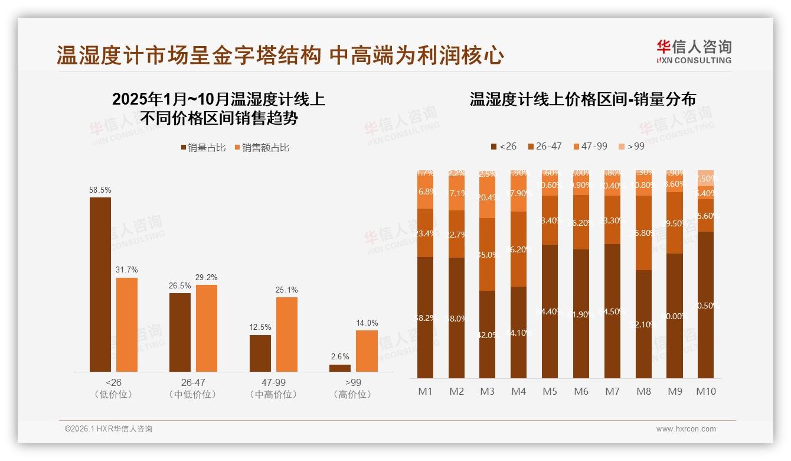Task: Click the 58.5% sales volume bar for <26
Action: (x=100, y=284)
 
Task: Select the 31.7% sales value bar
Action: (x=127, y=324)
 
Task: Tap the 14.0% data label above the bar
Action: (x=367, y=323)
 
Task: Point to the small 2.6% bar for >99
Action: (x=340, y=368)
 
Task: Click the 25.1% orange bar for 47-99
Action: (x=287, y=334)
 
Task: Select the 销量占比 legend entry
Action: (x=202, y=148)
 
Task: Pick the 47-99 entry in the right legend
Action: (x=590, y=146)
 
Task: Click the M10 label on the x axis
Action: (x=706, y=391)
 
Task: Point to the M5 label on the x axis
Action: (x=550, y=391)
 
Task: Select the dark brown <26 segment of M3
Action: (x=488, y=335)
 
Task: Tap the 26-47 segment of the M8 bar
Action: (x=643, y=233)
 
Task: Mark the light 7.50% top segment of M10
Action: (x=706, y=178)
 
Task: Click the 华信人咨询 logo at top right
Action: (x=694, y=51)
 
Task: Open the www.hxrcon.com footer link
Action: (x=685, y=429)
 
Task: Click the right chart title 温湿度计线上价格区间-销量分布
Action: (x=583, y=99)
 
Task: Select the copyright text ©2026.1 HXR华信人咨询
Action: (x=109, y=429)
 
